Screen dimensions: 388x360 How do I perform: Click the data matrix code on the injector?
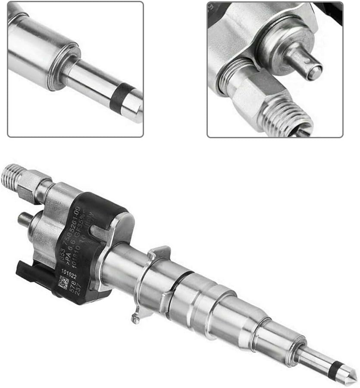coord(63,283)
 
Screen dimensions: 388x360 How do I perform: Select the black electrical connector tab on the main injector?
coord(27,270)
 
